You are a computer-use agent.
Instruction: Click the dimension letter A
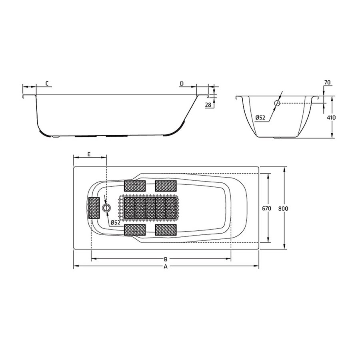click(166, 267)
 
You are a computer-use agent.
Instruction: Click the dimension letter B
click(165, 259)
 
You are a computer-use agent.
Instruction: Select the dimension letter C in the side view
click(47, 83)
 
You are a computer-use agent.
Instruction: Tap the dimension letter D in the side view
click(182, 83)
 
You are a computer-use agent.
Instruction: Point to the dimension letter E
click(89, 154)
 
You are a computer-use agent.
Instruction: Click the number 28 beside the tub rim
click(208, 105)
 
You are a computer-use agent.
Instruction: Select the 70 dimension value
click(327, 82)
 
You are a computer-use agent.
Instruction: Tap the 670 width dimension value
click(267, 208)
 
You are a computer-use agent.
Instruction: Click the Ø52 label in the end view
click(260, 117)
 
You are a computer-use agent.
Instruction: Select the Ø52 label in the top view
click(115, 222)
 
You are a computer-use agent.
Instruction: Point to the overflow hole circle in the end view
click(277, 103)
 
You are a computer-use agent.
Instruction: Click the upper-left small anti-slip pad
click(135, 186)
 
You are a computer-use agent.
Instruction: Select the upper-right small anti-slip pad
click(166, 186)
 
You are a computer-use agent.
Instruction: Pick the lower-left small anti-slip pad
click(135, 230)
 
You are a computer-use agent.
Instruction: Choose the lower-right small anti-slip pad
click(166, 230)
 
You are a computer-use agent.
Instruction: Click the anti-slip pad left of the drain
click(94, 208)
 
